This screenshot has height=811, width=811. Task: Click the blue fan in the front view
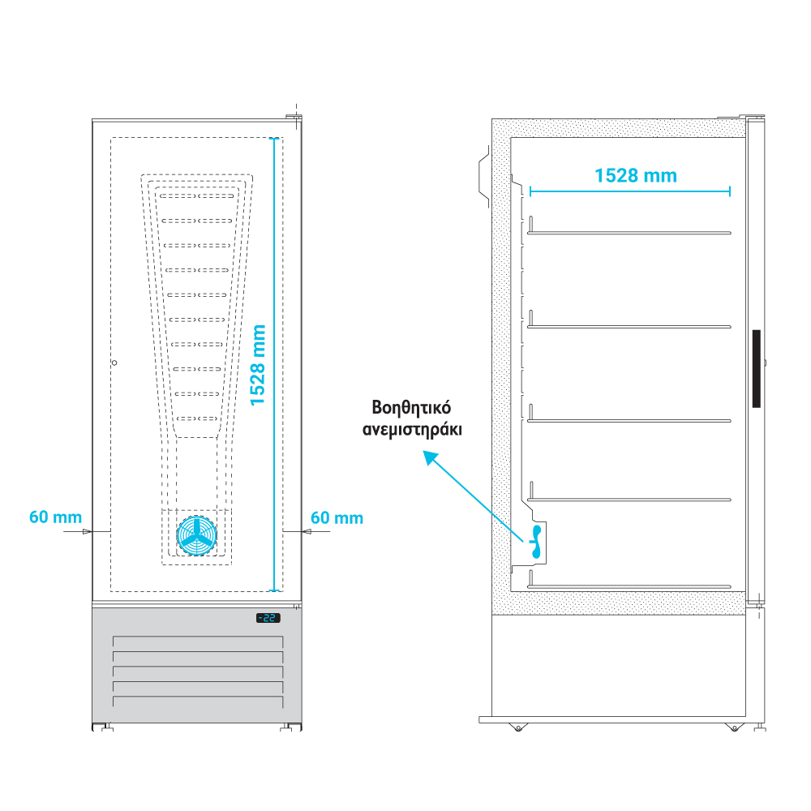click(x=197, y=535)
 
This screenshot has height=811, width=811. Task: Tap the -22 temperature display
click(x=268, y=618)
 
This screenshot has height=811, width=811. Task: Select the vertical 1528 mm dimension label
click(x=258, y=365)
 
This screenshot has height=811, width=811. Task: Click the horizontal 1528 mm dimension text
click(x=635, y=175)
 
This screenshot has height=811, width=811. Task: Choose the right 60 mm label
click(x=337, y=517)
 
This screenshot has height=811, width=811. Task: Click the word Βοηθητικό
click(x=411, y=407)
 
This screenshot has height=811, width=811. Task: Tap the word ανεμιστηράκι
click(x=411, y=430)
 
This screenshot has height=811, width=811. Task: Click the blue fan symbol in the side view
click(x=535, y=541)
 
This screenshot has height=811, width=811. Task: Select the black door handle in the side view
click(x=756, y=369)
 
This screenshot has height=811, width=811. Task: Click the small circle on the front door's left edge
click(x=114, y=362)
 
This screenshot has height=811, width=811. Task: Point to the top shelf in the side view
click(x=629, y=233)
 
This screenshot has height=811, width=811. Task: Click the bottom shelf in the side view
click(x=629, y=586)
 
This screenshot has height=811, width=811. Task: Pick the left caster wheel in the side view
click(x=517, y=727)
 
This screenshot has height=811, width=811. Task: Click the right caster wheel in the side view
click(x=734, y=727)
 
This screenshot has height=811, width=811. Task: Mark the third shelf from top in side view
click(x=629, y=420)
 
